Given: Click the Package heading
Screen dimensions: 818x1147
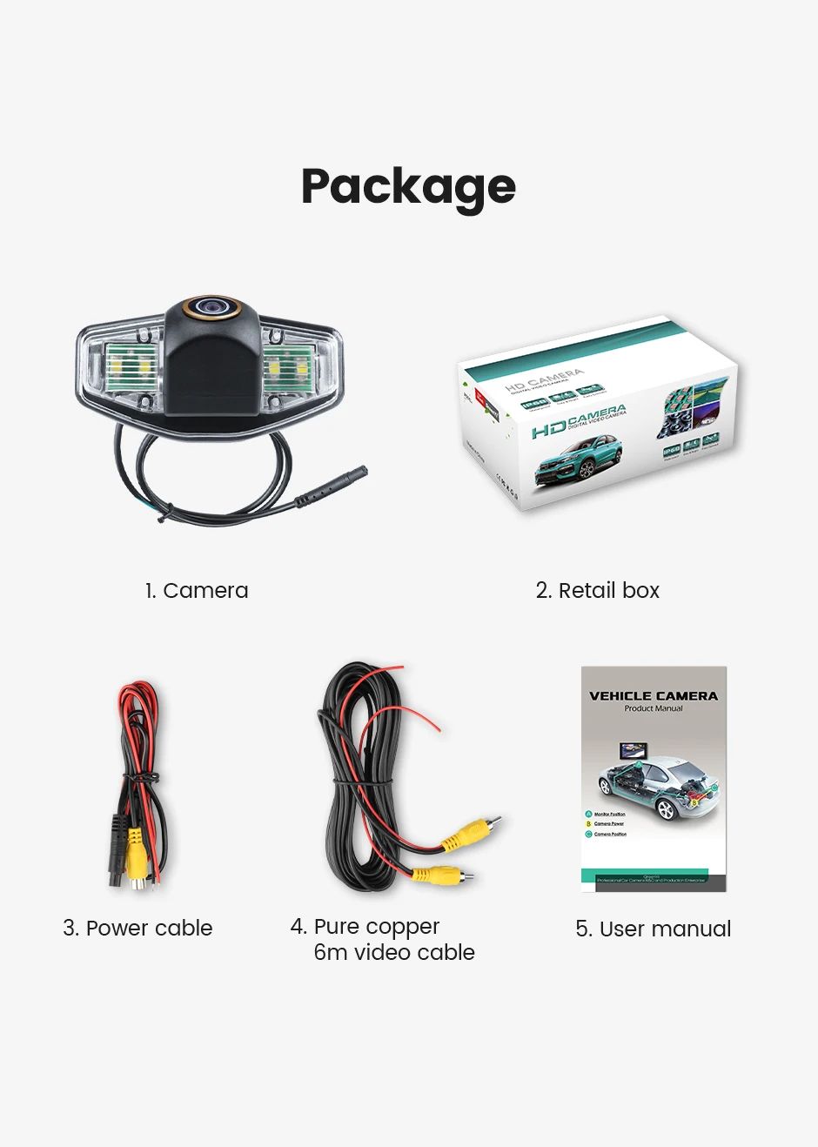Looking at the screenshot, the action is [408, 187].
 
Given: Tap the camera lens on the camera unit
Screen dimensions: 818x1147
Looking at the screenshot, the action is [211, 306].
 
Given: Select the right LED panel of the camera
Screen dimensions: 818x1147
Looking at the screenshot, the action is [287, 369].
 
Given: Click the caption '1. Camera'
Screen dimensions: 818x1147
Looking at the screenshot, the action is [197, 591].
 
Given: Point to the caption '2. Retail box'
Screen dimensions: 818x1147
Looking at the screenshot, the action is [597, 591].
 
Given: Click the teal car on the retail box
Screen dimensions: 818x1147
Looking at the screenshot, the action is [578, 461].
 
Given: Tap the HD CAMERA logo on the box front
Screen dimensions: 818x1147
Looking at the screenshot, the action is [578, 421].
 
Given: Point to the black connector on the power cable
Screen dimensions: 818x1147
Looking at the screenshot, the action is [116, 849].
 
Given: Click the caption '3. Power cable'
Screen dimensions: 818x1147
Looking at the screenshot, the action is [137, 929].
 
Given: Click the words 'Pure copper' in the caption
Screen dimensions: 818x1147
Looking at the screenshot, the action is [376, 926].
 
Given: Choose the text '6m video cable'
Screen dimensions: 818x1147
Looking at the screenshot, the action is [394, 953].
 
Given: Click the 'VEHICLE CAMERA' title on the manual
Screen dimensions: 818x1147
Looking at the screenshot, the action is [654, 696].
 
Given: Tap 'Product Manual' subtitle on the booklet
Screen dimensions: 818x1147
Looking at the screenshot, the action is [654, 708].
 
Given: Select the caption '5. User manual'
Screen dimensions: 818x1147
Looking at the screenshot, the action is [653, 929].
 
